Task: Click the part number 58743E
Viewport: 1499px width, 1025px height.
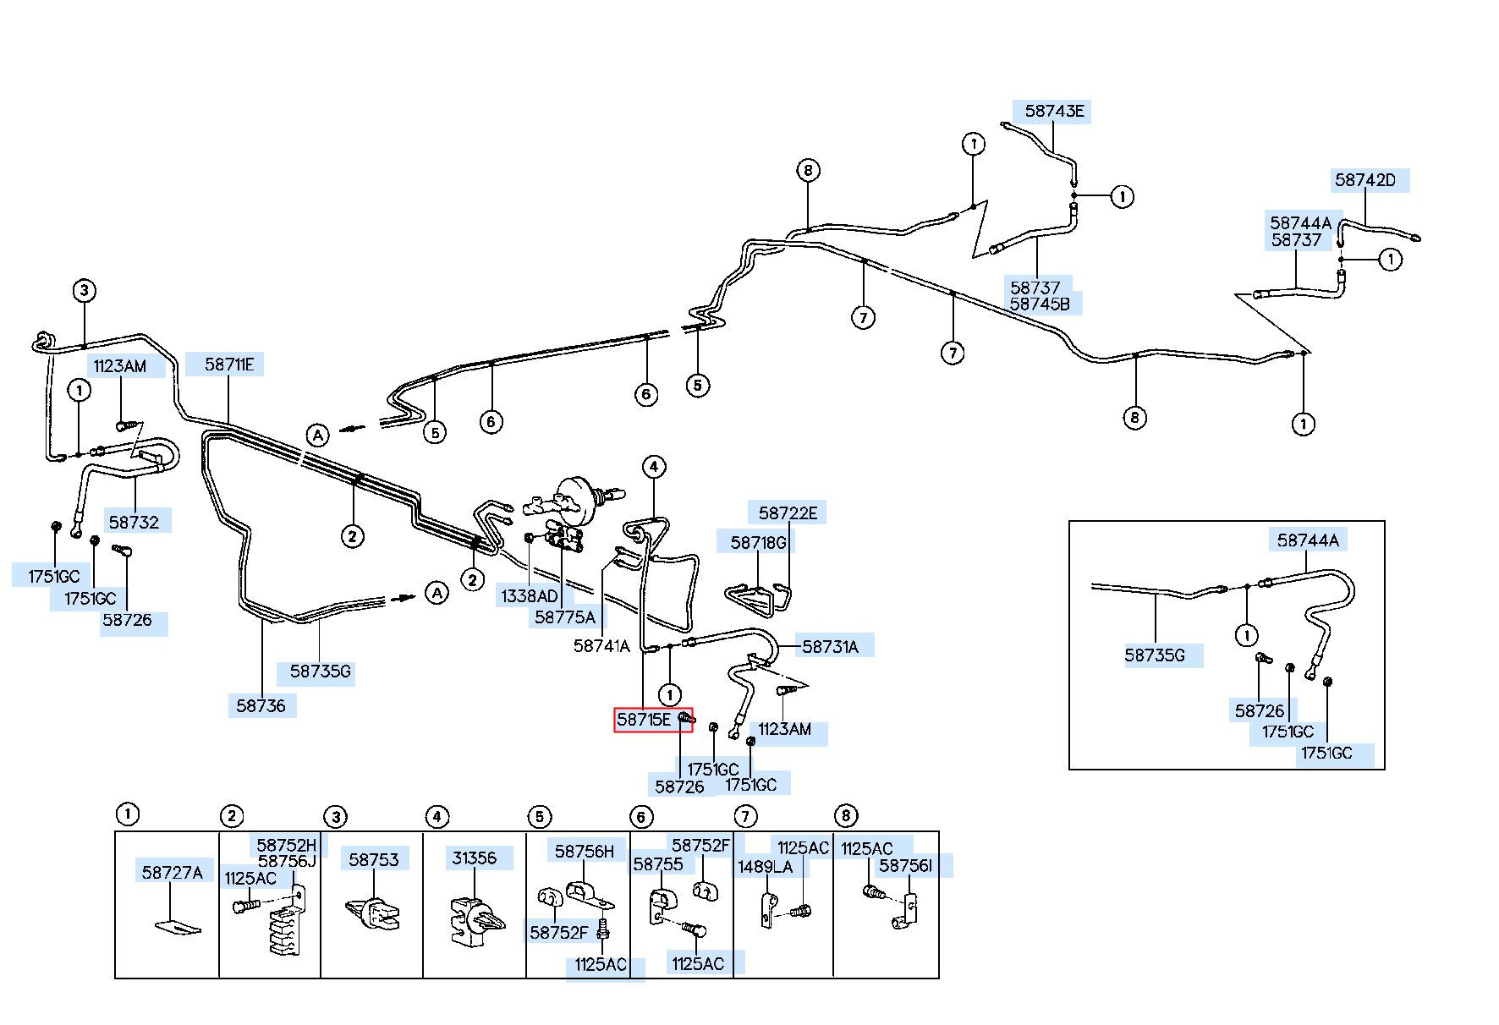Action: click(x=1054, y=111)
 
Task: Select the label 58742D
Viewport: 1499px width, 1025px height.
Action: click(x=1365, y=179)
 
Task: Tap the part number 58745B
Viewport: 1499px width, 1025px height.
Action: click(x=1040, y=304)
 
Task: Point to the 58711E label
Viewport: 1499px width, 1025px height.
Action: click(x=229, y=365)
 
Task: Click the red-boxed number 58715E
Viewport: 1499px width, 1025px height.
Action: click(x=644, y=720)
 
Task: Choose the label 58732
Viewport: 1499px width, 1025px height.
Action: click(x=134, y=522)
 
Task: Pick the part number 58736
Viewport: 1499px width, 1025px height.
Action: click(x=261, y=705)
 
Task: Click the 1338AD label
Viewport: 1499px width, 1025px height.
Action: click(x=530, y=596)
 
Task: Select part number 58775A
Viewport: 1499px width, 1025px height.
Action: click(x=565, y=617)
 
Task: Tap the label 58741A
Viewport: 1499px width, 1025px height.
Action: click(x=601, y=646)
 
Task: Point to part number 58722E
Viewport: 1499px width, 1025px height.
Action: click(x=788, y=512)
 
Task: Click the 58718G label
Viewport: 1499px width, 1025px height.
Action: click(x=759, y=542)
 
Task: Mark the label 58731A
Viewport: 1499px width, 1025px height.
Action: click(x=830, y=647)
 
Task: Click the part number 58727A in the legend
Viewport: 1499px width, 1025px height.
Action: click(x=173, y=872)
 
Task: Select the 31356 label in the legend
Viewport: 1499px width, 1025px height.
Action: click(x=474, y=858)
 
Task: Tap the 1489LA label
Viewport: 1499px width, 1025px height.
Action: click(x=766, y=867)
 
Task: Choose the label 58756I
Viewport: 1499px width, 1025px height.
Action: click(x=905, y=865)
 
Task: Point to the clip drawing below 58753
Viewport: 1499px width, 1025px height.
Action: click(x=373, y=913)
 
